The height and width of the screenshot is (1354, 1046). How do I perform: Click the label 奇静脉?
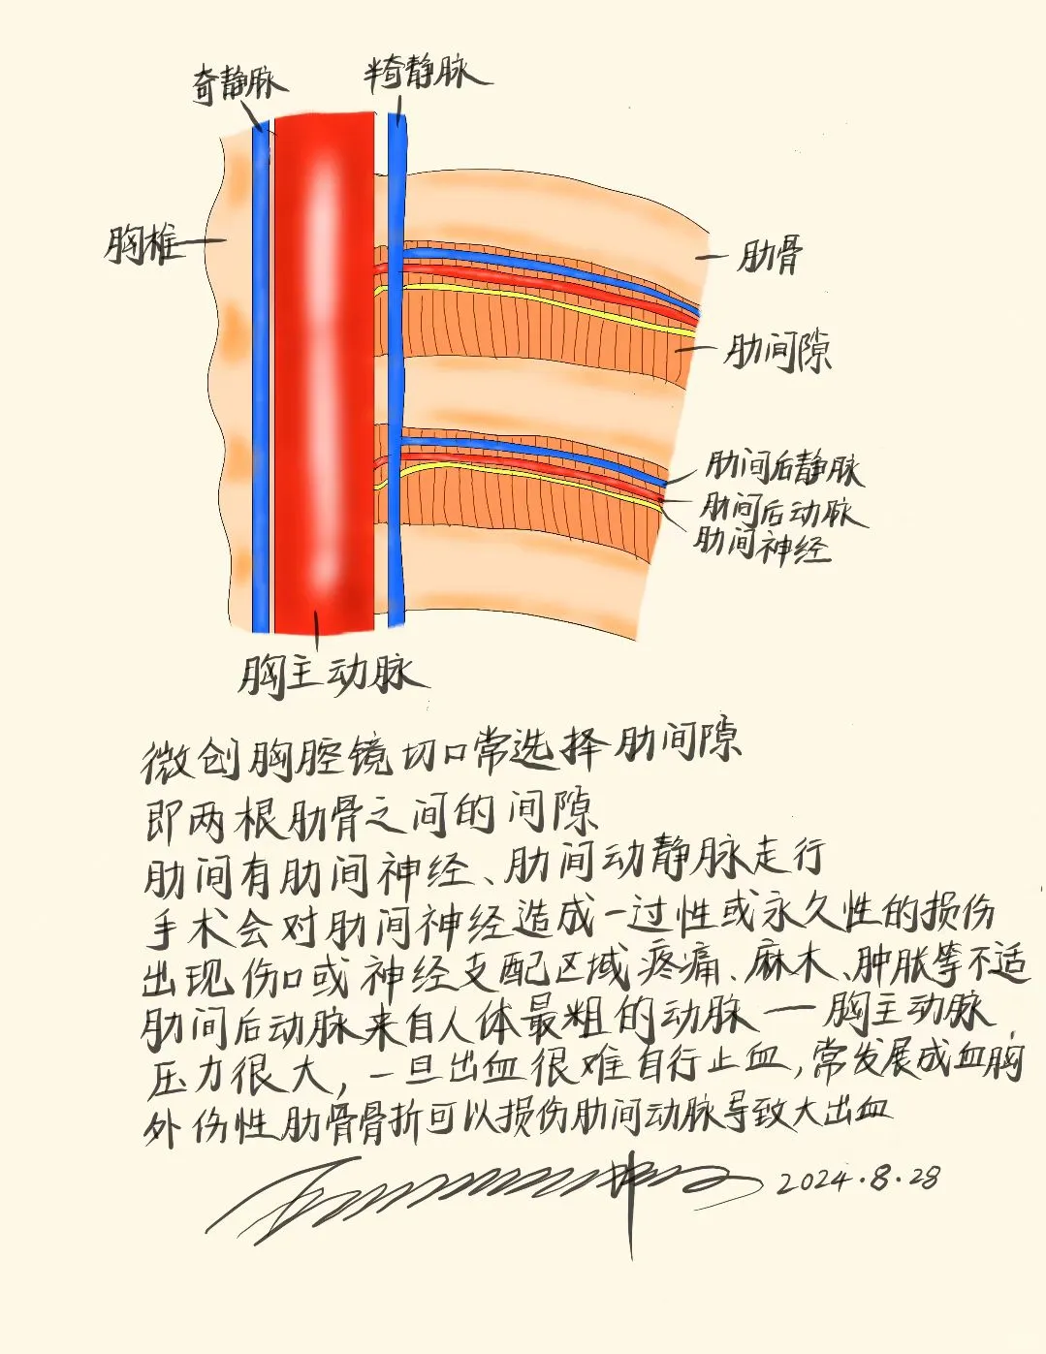pos(238,84)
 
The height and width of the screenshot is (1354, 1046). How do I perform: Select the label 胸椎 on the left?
pos(142,244)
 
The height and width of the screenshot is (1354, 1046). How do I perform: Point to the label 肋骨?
pos(770,258)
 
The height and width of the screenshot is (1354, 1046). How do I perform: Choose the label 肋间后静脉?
pos(782,468)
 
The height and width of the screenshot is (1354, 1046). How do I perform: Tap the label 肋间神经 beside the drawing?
pos(762,546)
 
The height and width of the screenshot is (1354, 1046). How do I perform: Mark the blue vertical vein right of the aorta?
pos(396,388)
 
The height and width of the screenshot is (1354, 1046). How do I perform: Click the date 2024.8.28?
pos(859,1180)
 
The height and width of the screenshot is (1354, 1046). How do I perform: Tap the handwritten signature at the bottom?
pos(485,1192)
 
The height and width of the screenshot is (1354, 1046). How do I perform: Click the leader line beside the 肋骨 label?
pos(712,257)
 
